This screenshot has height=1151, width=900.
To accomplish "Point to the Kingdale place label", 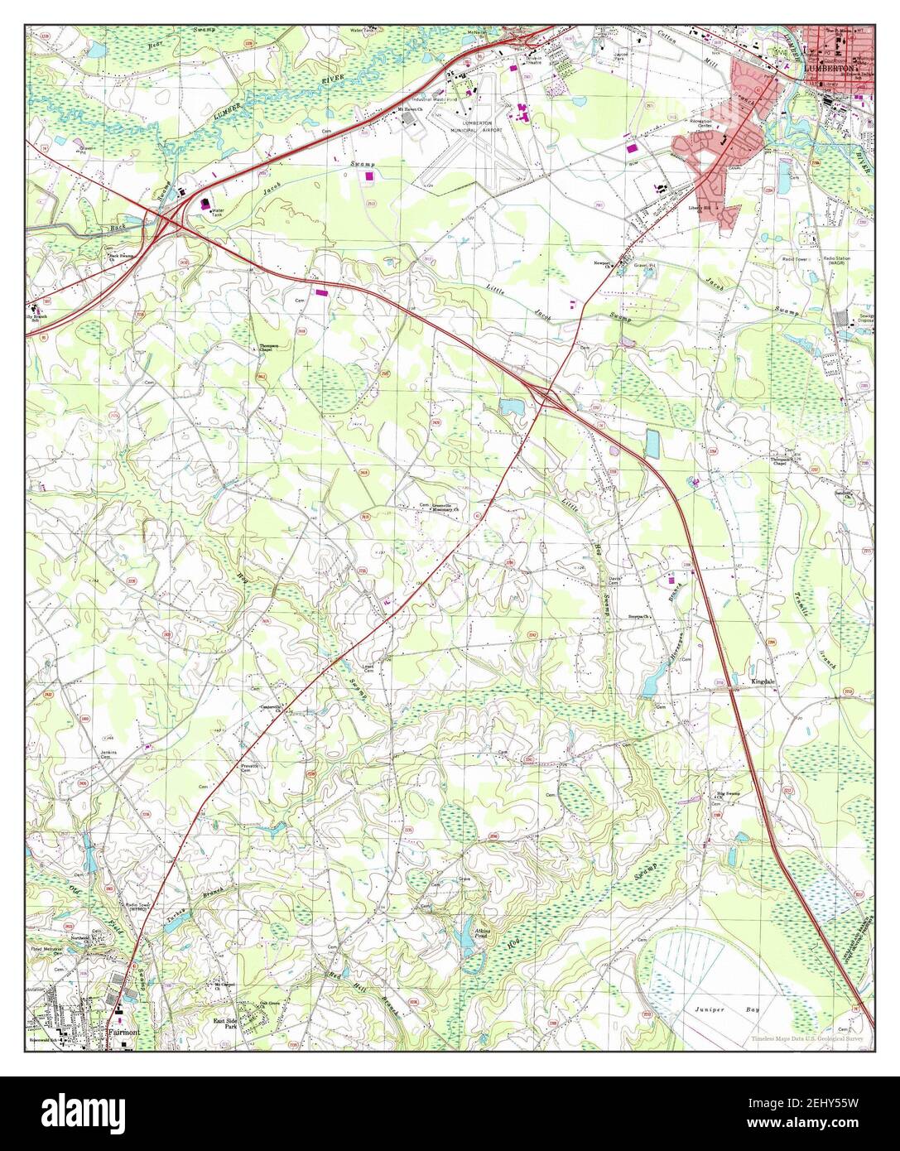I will tap(763, 681).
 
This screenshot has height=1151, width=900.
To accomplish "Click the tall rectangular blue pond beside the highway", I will tap(652, 444).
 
